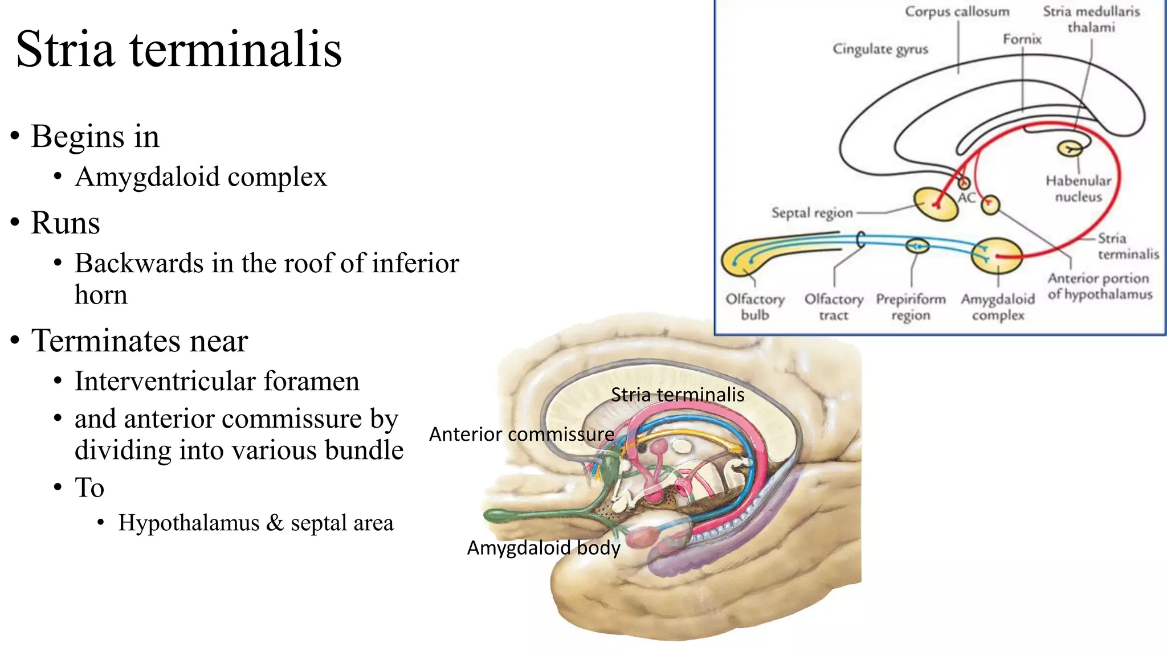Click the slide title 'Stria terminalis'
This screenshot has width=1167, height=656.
[178, 50]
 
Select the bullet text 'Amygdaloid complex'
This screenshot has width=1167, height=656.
[201, 177]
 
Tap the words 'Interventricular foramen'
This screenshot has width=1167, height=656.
[217, 382]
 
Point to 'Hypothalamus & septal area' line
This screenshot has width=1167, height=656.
[255, 523]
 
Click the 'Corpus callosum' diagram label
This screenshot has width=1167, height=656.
[957, 12]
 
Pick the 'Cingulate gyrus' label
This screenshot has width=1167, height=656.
[880, 50]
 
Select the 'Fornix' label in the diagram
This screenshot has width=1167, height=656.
[1022, 39]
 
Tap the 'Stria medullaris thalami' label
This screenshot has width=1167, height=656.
[1091, 19]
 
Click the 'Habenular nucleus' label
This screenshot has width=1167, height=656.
[1078, 189]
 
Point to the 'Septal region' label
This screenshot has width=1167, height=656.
[811, 213]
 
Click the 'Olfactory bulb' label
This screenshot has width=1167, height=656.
[754, 307]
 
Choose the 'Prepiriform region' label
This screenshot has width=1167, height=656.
[911, 307]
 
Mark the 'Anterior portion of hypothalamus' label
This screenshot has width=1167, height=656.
[1099, 286]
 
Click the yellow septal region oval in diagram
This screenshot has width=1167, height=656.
[936, 204]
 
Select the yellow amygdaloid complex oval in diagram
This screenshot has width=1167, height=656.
[997, 256]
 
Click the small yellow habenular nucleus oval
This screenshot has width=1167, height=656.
[1070, 149]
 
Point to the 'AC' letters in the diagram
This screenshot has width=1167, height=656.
[966, 198]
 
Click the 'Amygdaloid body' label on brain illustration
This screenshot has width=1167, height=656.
[543, 548]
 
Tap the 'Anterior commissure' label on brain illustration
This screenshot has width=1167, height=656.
[521, 434]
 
